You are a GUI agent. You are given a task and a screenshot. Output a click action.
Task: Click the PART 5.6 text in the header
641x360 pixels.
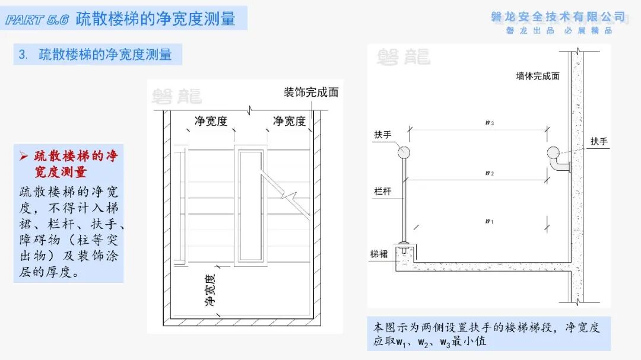pos(37,20)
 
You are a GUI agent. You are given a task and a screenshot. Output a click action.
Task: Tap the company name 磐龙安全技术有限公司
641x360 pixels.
pos(558,17)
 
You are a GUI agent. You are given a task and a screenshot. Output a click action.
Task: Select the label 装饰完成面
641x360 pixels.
pos(311,93)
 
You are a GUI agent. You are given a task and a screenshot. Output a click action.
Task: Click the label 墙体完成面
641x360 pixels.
pos(538,76)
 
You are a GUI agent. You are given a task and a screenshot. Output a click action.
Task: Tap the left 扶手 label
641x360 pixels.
pos(383,135)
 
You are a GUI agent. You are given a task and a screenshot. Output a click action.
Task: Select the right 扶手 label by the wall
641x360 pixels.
pos(599,142)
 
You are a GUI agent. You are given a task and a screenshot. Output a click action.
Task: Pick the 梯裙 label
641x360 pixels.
pos(379,254)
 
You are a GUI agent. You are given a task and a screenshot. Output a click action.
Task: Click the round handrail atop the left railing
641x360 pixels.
pos(404,152)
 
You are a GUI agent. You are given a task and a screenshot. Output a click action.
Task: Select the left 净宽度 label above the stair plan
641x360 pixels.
pos(211,122)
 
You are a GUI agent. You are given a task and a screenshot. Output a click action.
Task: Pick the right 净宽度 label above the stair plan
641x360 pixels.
pos(289,122)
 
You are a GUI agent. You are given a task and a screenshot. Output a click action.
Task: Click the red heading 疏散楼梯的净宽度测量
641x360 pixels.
pos(69,164)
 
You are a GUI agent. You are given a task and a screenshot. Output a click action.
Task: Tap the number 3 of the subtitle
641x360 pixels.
pos(22,55)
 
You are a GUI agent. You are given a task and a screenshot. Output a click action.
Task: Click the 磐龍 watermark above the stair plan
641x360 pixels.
pos(176,97)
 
